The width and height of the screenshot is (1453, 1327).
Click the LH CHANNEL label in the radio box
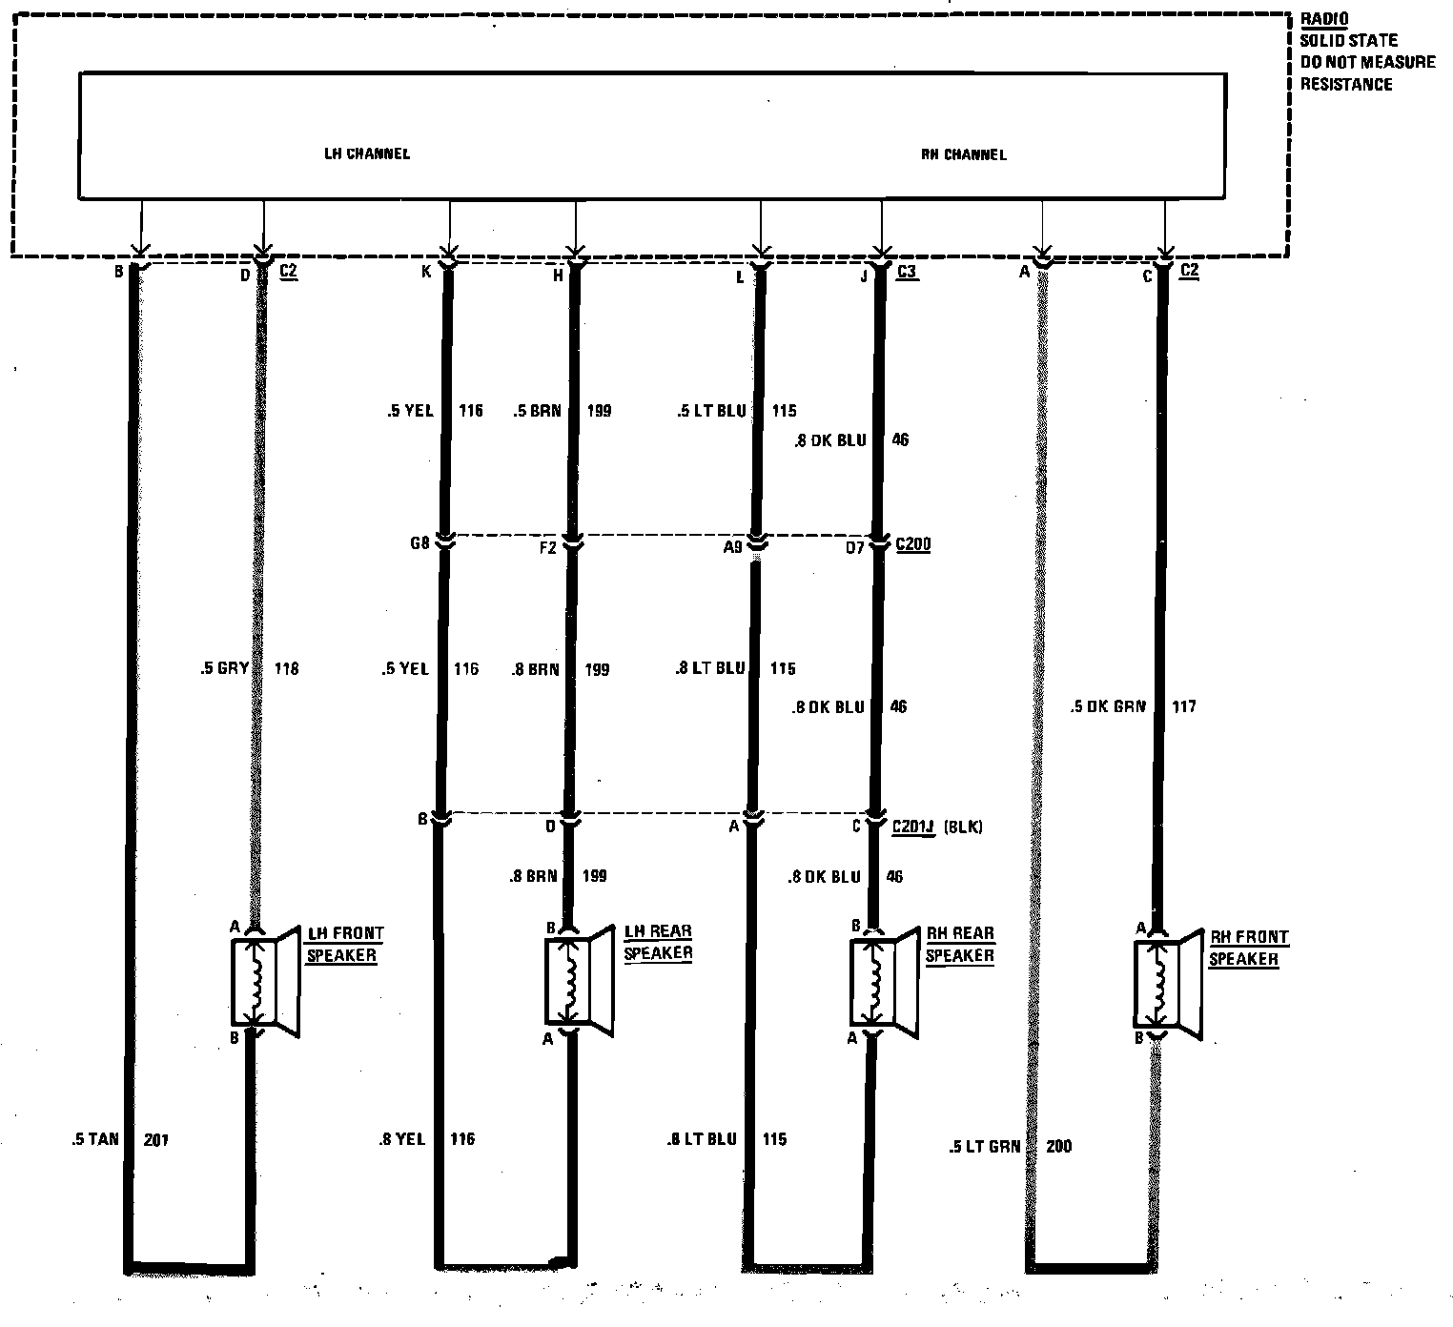point(367,153)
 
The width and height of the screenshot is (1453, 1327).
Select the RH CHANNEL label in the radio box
point(964,154)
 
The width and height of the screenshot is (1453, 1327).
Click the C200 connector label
point(913,545)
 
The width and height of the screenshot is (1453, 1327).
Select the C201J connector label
point(914,827)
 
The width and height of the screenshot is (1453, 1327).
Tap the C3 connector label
point(907,272)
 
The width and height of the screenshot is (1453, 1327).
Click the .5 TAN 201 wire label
point(120,1139)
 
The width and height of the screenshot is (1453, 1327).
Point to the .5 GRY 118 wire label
point(249,669)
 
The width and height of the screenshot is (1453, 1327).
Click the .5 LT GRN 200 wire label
point(1010,1147)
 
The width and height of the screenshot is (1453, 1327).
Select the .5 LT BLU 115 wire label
point(735,412)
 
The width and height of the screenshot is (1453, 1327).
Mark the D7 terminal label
point(854,547)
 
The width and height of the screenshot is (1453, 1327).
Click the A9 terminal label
point(732,547)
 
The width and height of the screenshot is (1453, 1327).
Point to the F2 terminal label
point(547,547)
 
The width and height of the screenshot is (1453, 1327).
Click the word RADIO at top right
point(1324,19)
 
